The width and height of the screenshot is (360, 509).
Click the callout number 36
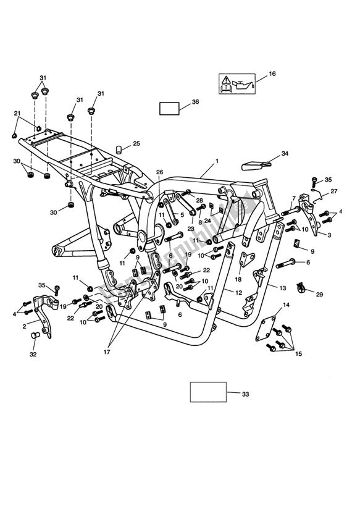click(195, 102)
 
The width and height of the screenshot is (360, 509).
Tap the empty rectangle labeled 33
click(207, 392)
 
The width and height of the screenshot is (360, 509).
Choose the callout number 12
click(238, 290)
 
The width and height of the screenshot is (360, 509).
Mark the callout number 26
click(159, 172)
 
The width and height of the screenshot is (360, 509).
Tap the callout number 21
click(17, 113)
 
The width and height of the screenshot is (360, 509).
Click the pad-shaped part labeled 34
click(253, 164)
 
